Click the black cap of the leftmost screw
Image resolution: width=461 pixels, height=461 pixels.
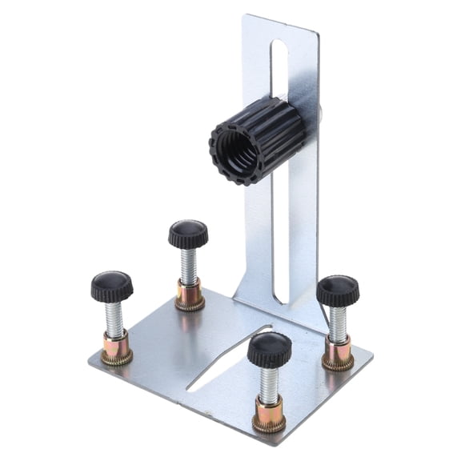(x=111, y=285)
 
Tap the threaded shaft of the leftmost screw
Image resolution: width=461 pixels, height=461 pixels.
(x=114, y=319)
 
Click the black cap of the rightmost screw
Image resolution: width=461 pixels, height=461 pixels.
(x=337, y=290)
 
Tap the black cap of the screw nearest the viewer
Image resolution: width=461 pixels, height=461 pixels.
(x=269, y=349)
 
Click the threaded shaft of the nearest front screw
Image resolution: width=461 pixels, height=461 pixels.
(x=269, y=384)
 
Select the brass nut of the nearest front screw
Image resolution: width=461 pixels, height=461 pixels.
(x=269, y=414)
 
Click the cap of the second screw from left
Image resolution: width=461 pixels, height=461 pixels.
(x=188, y=234)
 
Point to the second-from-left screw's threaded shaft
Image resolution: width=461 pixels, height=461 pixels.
(x=189, y=267)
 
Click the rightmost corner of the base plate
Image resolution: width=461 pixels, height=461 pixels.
(x=372, y=352)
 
